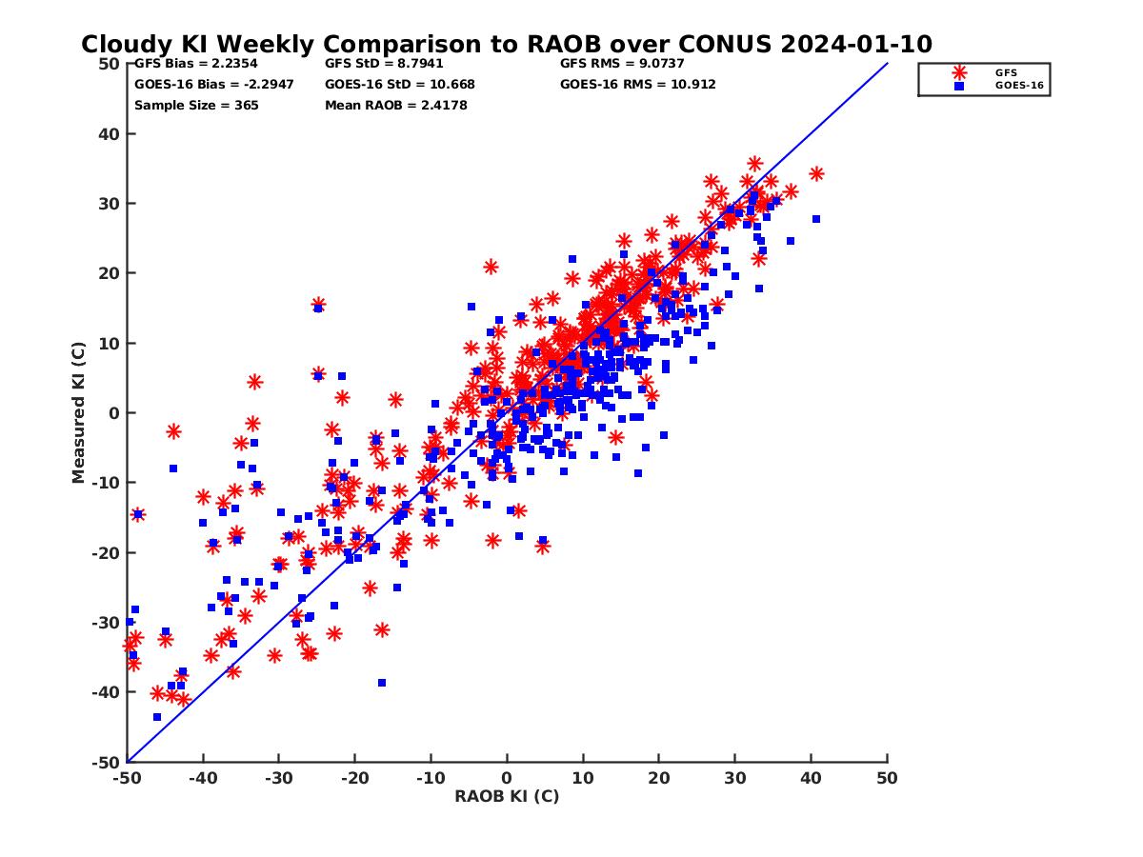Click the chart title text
pyautogui.click(x=506, y=44)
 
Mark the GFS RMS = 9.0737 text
pyautogui.click(x=622, y=64)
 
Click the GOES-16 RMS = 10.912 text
pyautogui.click(x=637, y=84)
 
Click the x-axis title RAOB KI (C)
pyautogui.click(x=506, y=796)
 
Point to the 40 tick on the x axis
pyautogui.click(x=812, y=778)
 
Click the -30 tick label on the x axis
pyautogui.click(x=278, y=778)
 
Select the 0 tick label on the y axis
pyautogui.click(x=113, y=413)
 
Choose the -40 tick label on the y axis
pyautogui.click(x=107, y=692)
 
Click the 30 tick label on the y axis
pyautogui.click(x=110, y=204)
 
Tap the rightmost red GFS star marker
pyautogui.click(x=816, y=173)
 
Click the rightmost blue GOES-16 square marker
pyautogui.click(x=816, y=219)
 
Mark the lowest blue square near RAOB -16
pyautogui.click(x=382, y=683)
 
